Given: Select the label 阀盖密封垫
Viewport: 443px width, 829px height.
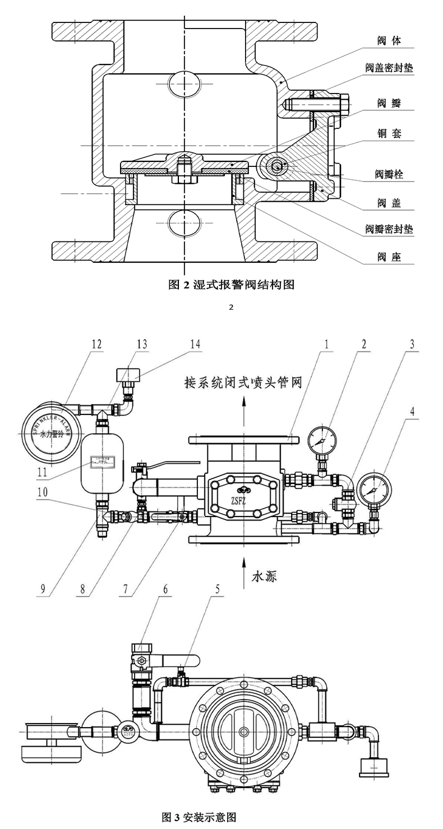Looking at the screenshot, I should [x=389, y=68].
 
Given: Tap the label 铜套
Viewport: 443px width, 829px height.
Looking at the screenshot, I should [x=389, y=134].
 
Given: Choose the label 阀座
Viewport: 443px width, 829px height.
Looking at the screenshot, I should [x=389, y=258].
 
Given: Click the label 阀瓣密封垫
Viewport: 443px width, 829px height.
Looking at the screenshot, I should [x=389, y=229].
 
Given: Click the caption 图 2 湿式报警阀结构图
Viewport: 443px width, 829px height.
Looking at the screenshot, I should [x=231, y=285].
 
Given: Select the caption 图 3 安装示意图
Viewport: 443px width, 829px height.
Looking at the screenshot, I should [x=199, y=817].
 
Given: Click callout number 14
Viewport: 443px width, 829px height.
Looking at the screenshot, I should [x=194, y=343].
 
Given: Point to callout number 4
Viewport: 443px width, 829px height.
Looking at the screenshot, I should [x=412, y=412].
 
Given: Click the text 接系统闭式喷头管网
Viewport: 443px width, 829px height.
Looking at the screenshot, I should [x=244, y=383].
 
